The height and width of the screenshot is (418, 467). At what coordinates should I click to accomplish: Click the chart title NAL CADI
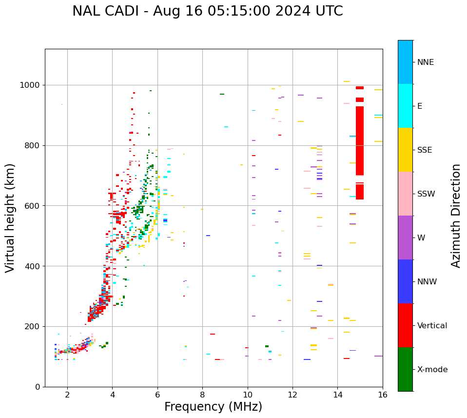pyautogui.click(x=207, y=11)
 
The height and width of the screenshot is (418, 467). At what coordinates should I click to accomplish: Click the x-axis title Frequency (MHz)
pyautogui.click(x=213, y=407)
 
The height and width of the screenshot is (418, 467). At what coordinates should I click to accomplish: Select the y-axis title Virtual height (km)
pyautogui.click(x=10, y=218)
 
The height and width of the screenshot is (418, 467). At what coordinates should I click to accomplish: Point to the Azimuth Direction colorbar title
pyautogui.click(x=456, y=216)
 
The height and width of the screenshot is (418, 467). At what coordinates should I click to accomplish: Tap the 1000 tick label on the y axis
pyautogui.click(x=30, y=85)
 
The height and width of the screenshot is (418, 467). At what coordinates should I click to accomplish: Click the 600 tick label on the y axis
pyautogui.click(x=33, y=206)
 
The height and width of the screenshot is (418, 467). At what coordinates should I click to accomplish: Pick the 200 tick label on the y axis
pyautogui.click(x=33, y=326)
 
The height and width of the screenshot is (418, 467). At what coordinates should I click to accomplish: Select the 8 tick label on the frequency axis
pyautogui.click(x=203, y=395)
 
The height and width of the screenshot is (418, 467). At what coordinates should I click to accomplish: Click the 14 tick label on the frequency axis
pyautogui.click(x=338, y=395)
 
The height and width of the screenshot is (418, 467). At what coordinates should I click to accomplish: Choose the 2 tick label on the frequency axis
pyautogui.click(x=67, y=395)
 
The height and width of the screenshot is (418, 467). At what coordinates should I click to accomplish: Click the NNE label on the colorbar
pyautogui.click(x=426, y=62)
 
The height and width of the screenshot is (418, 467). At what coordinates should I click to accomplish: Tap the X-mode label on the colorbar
pyautogui.click(x=432, y=370)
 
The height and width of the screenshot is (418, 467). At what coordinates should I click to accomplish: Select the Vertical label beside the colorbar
pyautogui.click(x=432, y=326)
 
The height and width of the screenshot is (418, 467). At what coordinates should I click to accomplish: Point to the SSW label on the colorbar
pyautogui.click(x=426, y=194)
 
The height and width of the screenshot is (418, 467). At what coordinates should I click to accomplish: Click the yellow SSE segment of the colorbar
pyautogui.click(x=405, y=150)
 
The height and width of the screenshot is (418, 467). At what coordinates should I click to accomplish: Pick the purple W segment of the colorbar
pyautogui.click(x=405, y=238)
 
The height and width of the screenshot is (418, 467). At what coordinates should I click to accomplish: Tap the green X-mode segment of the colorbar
pyautogui.click(x=405, y=369)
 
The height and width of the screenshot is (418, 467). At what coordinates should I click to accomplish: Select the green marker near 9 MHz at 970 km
pyautogui.click(x=222, y=94)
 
